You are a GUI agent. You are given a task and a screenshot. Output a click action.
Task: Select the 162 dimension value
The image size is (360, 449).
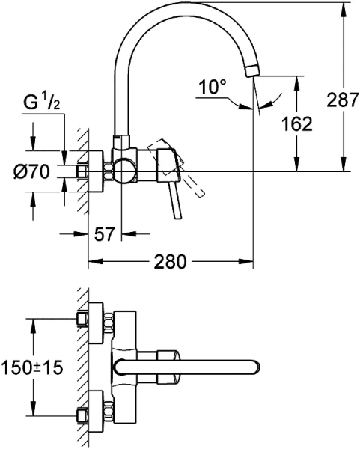click(x=297, y=124)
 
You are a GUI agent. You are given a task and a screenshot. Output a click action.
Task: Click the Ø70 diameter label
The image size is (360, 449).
click(x=31, y=172)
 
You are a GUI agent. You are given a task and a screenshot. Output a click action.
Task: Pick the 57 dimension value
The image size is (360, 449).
click(x=106, y=234)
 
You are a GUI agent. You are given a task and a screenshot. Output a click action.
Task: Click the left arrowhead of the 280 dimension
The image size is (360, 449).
click(x=94, y=262)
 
